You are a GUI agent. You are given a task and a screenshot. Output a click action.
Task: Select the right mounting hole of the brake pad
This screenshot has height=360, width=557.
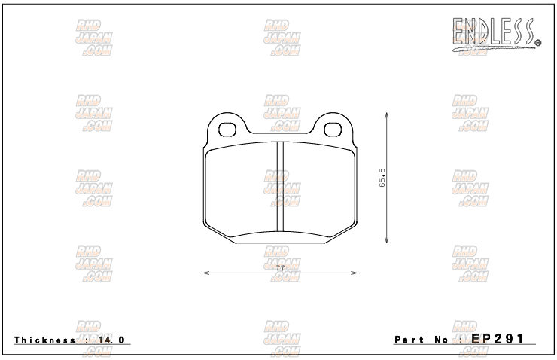click(331, 127)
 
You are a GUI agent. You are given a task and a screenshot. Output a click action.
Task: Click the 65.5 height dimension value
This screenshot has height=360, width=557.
click(382, 181)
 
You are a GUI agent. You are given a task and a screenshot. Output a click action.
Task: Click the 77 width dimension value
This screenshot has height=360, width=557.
click(279, 269)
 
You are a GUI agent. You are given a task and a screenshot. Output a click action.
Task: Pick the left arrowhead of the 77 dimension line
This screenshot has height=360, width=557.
click(206, 273)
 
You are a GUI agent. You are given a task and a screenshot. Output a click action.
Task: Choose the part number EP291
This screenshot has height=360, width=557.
click(498, 339)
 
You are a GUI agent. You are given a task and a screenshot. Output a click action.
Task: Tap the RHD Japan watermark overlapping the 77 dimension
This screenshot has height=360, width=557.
click(282, 264)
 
